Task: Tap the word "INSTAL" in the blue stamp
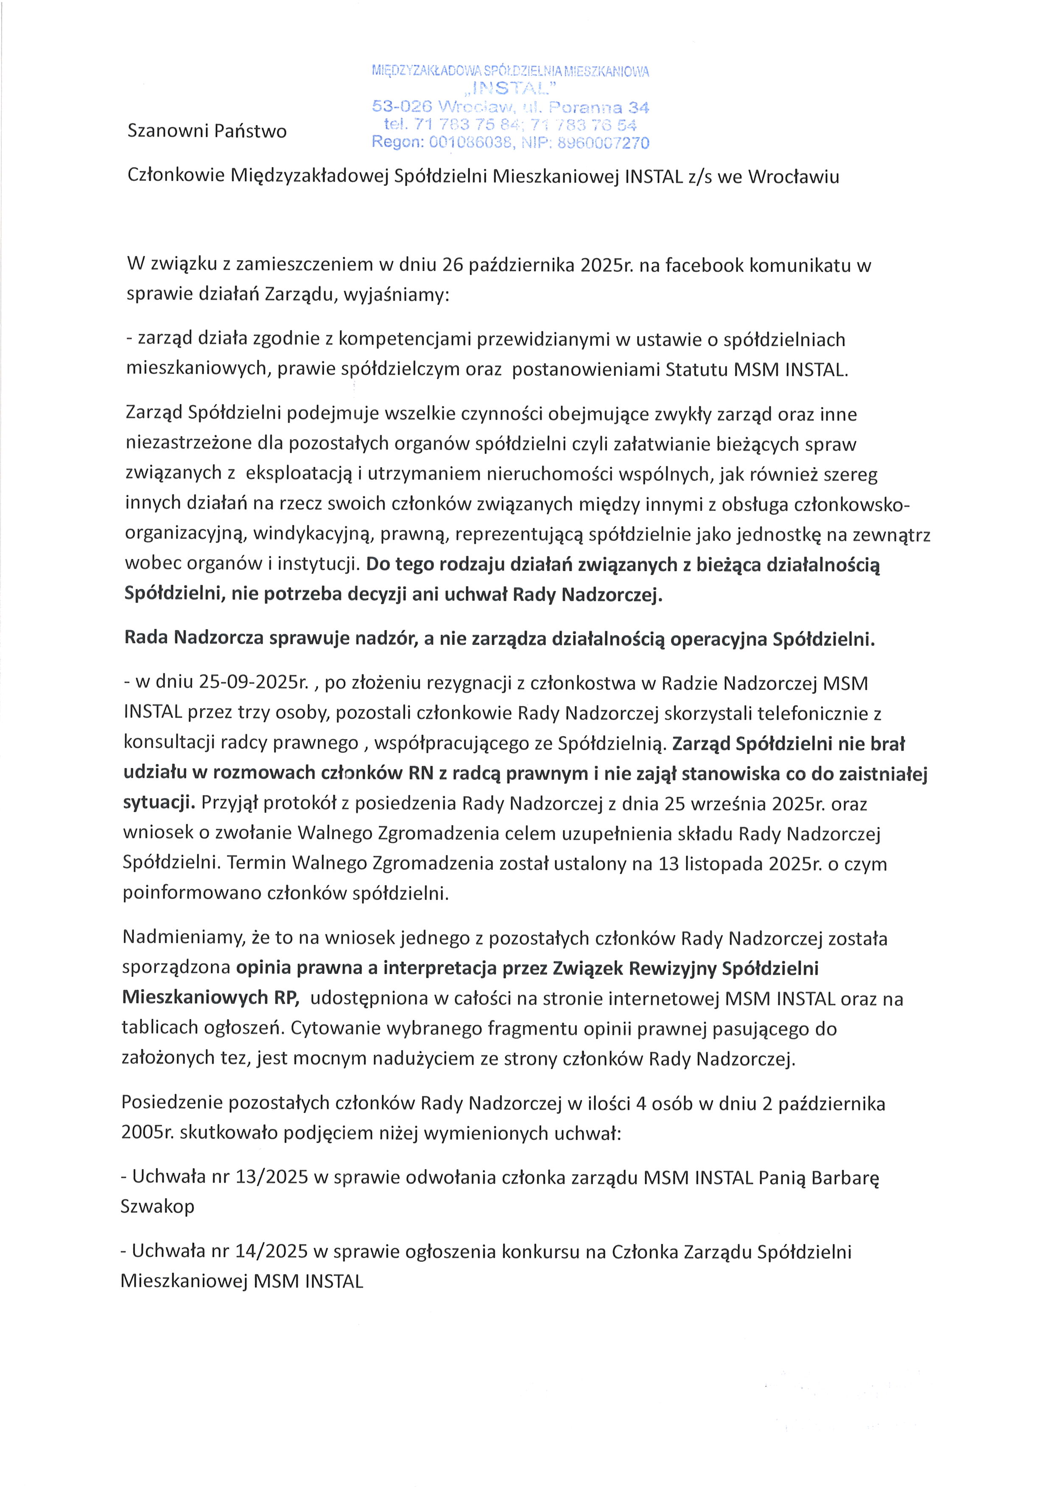510,88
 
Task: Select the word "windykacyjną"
311,534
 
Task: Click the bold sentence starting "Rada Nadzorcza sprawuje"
499,639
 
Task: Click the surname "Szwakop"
157,1206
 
